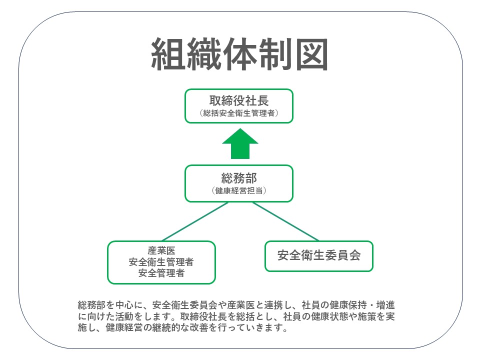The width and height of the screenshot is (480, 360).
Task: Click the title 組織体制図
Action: pos(239,54)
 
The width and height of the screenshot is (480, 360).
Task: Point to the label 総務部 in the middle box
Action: pos(239,177)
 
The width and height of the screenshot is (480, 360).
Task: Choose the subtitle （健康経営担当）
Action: pos(239,190)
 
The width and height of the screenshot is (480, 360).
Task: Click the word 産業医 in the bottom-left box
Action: pos(161,251)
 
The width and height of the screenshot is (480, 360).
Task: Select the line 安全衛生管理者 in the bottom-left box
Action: pos(161,262)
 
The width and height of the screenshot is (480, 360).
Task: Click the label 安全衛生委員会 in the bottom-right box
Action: pos(318,256)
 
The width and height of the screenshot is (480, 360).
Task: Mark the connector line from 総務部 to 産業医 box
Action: pos(195,221)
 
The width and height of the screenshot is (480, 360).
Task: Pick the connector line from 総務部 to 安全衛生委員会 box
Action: pos(285,221)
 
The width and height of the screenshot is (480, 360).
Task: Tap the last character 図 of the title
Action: pos(311,54)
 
